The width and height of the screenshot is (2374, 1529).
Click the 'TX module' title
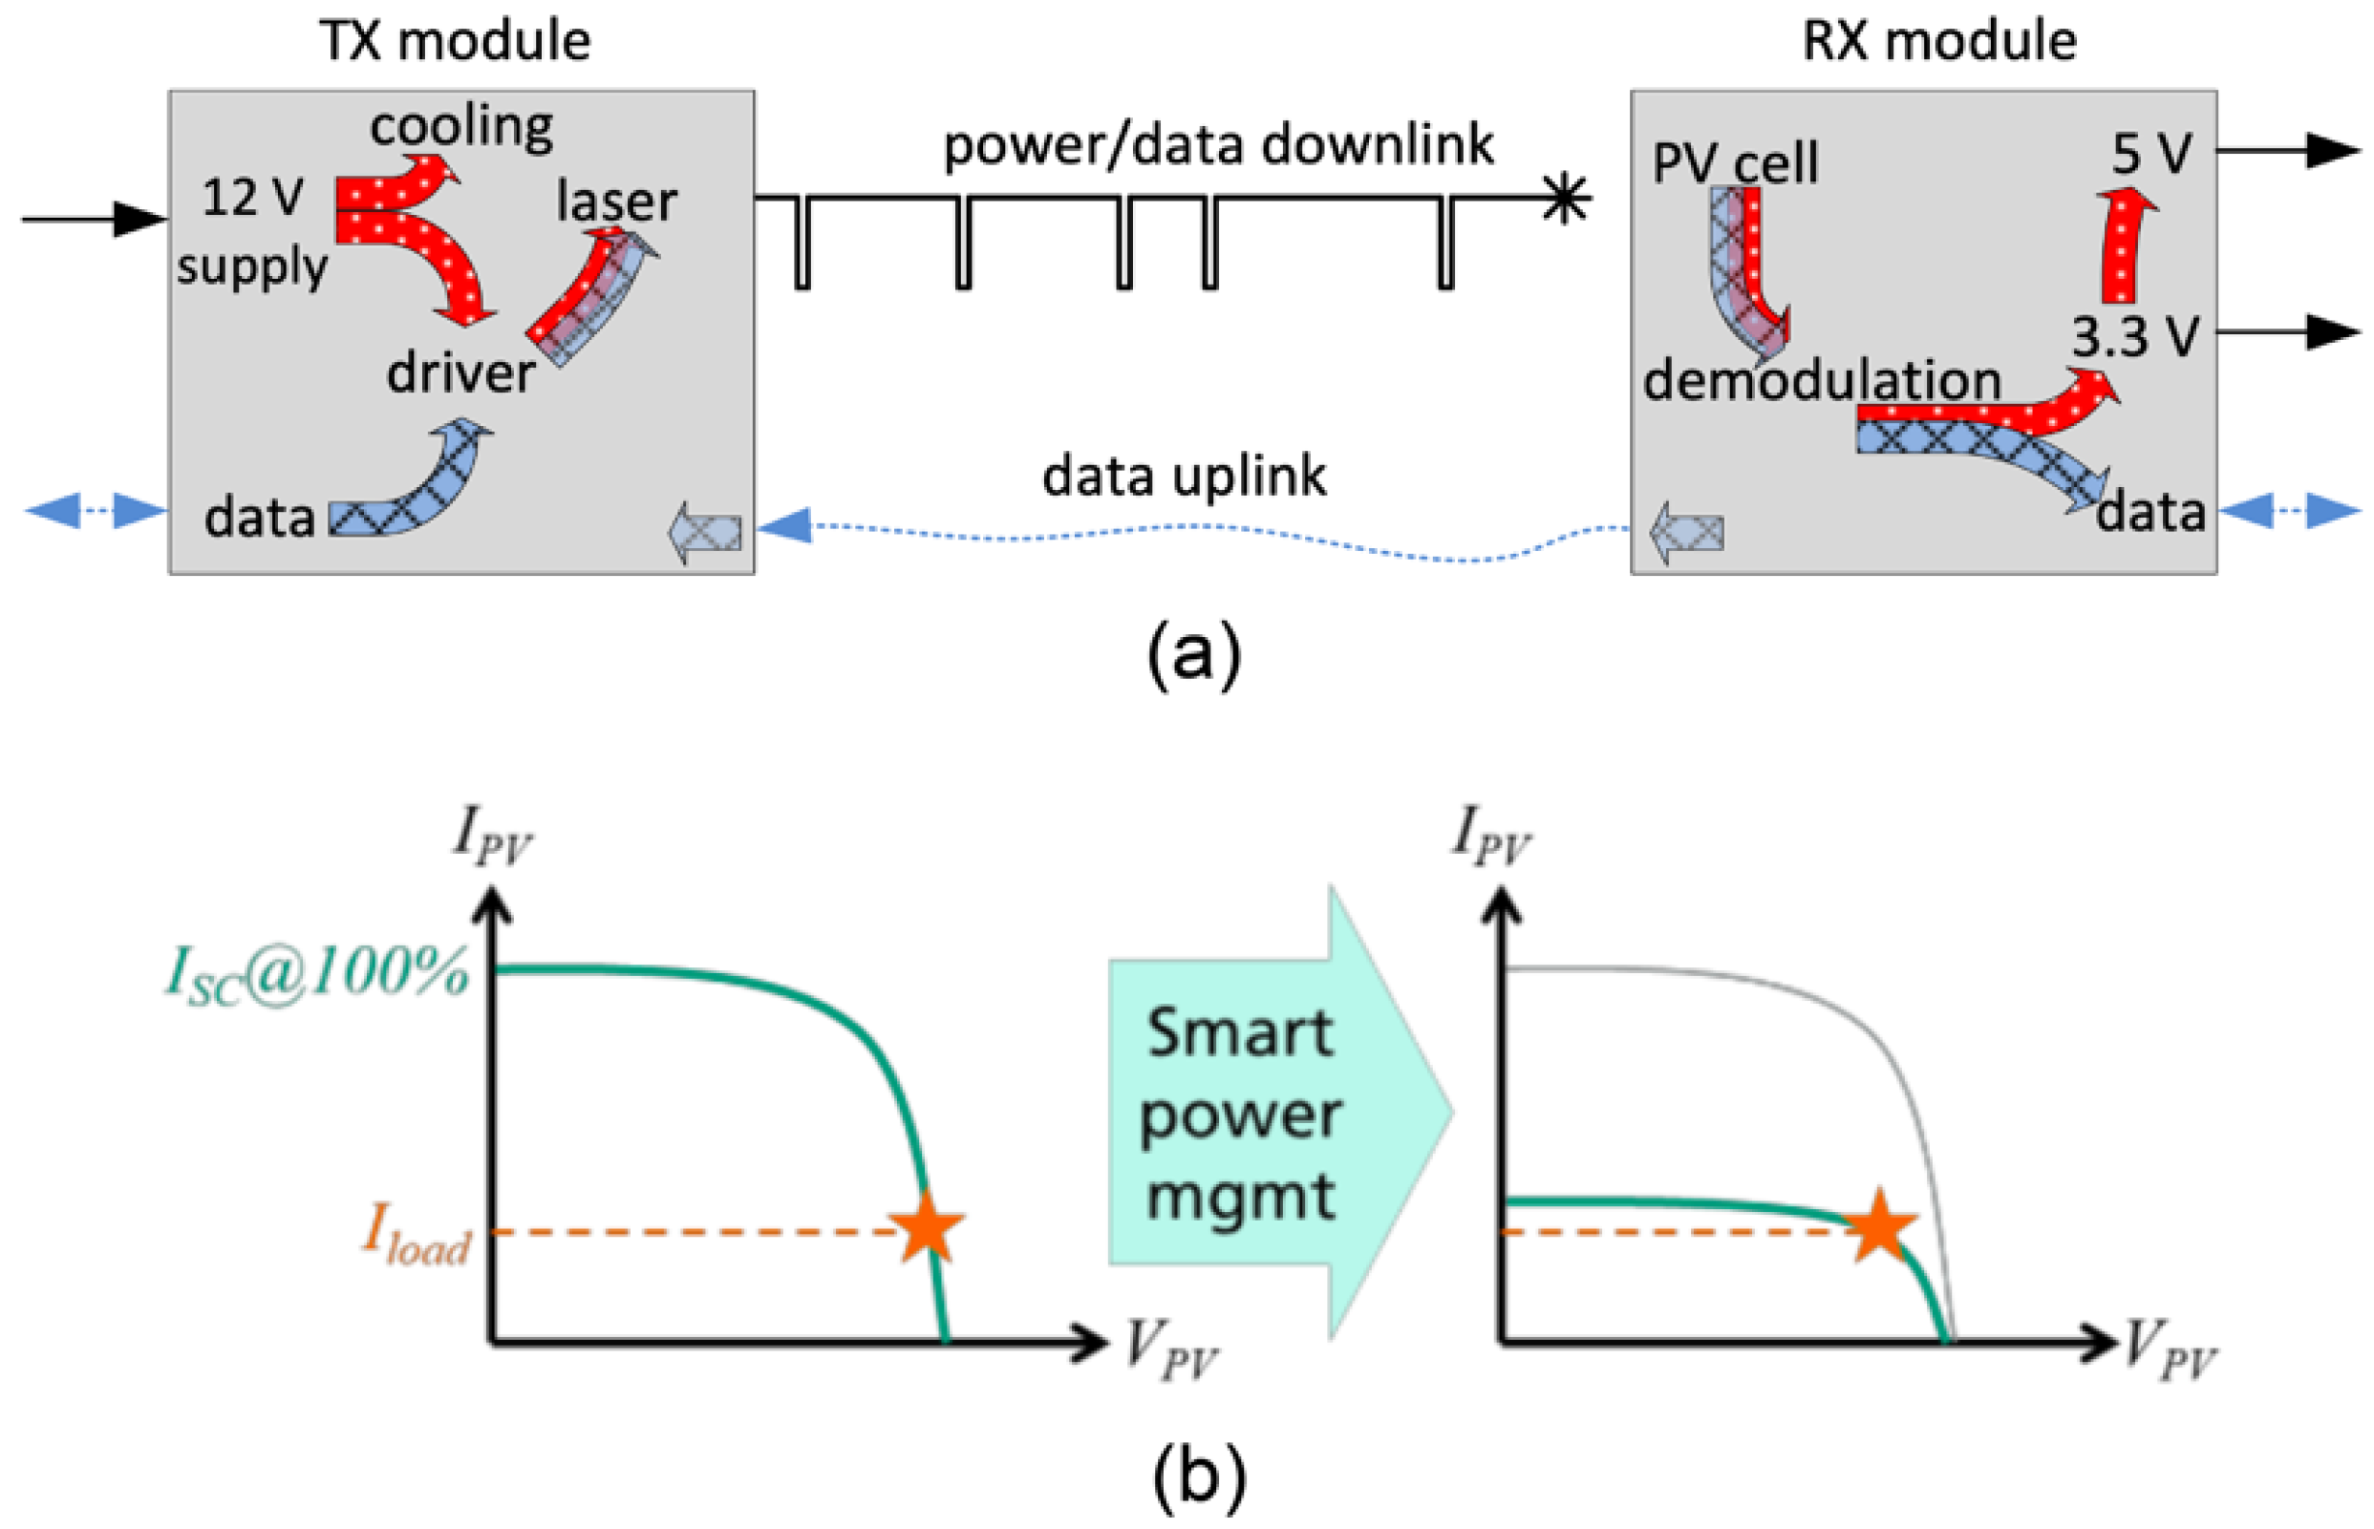(454, 42)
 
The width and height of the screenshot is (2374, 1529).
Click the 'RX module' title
(1937, 42)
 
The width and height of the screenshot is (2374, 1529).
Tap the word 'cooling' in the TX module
(461, 127)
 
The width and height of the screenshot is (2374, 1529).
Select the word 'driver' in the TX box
(460, 374)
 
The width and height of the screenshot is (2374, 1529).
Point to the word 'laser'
(615, 202)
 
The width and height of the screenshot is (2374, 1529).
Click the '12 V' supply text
(252, 197)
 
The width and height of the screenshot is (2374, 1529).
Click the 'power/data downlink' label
(1217, 146)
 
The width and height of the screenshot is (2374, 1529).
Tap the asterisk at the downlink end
(1565, 198)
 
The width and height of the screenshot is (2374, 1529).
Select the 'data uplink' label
(1184, 476)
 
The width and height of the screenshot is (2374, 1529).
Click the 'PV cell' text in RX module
(1735, 162)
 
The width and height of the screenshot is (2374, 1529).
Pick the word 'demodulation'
(1821, 381)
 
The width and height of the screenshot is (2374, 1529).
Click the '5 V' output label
(2149, 154)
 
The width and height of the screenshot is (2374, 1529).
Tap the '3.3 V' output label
(2135, 337)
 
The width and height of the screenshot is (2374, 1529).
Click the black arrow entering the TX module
(95, 219)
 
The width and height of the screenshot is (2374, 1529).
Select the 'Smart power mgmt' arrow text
(1239, 1114)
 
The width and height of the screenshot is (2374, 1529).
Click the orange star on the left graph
(926, 1227)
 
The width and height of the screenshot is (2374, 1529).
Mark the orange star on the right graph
(1879, 1227)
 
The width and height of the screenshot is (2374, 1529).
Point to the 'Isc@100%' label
(316, 973)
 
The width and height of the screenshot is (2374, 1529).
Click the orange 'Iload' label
(417, 1235)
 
